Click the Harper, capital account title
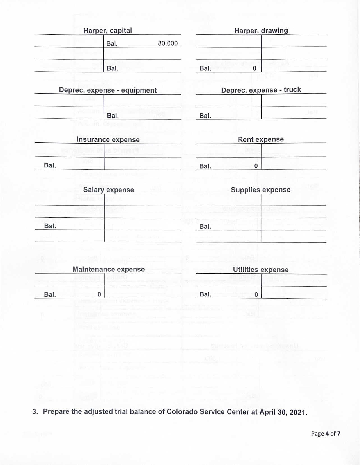(x=107, y=31)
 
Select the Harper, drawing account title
(x=261, y=31)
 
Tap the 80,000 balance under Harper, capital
(x=168, y=43)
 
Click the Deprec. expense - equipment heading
(x=108, y=90)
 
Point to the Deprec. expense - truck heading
(x=261, y=90)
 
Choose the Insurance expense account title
(x=108, y=140)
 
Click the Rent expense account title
(x=261, y=139)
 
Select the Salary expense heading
(x=109, y=190)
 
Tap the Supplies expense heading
(x=261, y=190)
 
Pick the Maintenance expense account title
(x=109, y=270)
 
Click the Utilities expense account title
(x=261, y=270)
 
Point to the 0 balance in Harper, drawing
(x=254, y=69)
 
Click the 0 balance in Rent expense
(x=256, y=166)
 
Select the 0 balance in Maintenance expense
(x=99, y=294)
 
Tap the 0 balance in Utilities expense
(x=256, y=294)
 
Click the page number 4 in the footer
(x=327, y=434)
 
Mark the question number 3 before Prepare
(x=35, y=412)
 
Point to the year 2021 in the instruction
(x=298, y=413)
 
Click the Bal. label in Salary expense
(x=50, y=226)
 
